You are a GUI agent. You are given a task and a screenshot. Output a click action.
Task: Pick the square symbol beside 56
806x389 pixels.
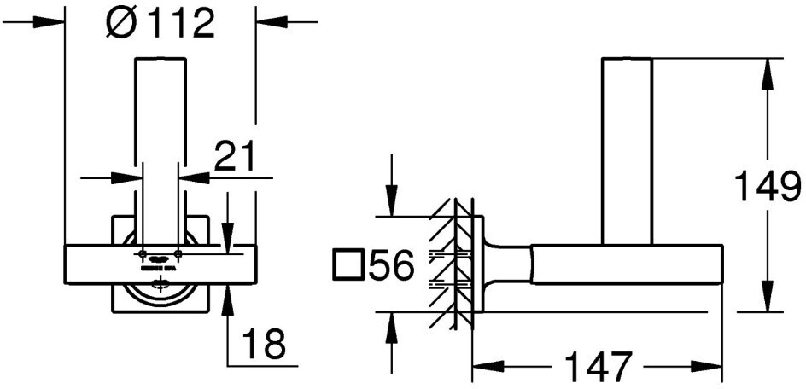click(348, 266)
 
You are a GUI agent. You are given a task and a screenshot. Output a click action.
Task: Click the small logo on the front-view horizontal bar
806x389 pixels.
click(160, 257)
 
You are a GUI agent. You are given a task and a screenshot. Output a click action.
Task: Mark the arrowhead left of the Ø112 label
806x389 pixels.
click(54, 22)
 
